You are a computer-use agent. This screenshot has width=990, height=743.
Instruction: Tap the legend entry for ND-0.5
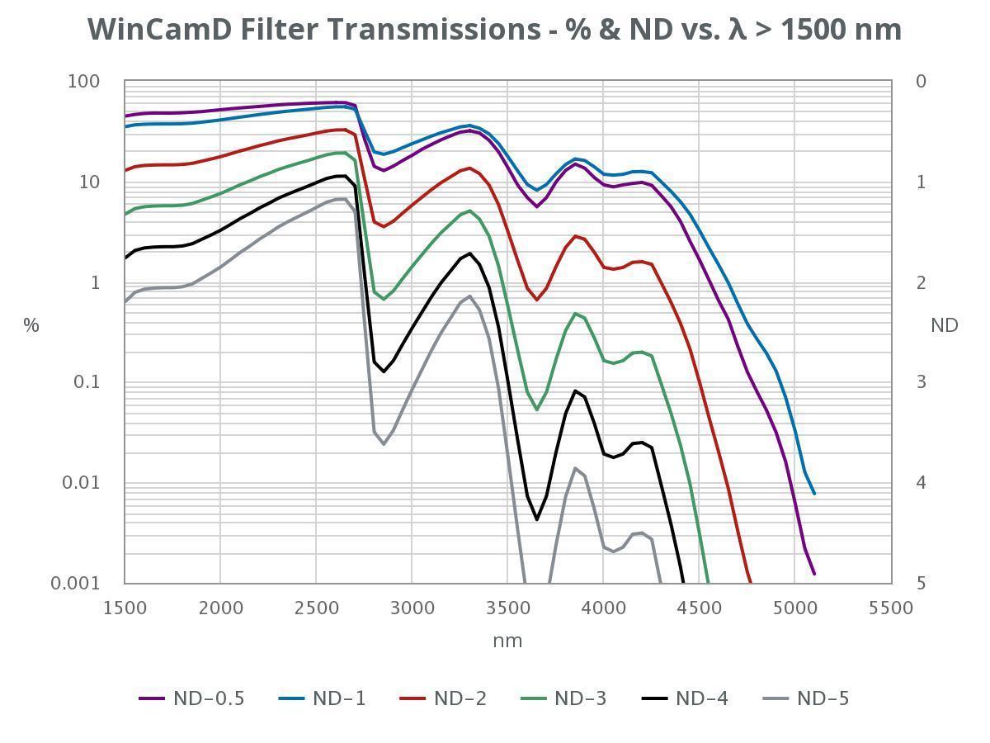[191, 698]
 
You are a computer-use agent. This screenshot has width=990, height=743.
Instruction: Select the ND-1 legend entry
[322, 698]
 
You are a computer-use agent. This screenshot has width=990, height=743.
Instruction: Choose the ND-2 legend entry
[443, 698]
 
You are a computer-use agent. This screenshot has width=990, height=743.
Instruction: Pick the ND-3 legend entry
[563, 698]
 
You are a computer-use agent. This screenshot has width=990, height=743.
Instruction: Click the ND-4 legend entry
[685, 698]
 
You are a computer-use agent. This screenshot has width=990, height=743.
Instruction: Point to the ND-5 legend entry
[805, 698]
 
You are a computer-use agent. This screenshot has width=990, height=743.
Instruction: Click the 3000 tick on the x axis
[412, 608]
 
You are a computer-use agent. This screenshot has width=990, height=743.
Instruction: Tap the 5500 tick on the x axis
[891, 608]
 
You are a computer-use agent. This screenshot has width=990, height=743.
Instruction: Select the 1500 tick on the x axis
[125, 608]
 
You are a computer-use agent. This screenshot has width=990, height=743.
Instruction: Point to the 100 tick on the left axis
[83, 82]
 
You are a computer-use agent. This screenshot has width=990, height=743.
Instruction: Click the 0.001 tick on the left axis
[75, 584]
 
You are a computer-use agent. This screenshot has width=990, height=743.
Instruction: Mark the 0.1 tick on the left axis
[86, 382]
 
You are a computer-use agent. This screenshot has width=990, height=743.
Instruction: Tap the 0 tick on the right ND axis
[921, 82]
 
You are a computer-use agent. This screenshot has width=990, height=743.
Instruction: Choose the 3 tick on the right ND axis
[921, 382]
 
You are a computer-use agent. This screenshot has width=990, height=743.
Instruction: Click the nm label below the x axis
[507, 641]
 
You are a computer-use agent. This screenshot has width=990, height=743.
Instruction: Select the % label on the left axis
[31, 325]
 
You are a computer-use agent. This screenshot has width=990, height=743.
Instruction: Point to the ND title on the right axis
[944, 325]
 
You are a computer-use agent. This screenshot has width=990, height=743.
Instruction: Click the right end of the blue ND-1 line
[814, 494]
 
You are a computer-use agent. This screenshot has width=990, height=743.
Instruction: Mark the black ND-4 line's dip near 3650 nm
[537, 520]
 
